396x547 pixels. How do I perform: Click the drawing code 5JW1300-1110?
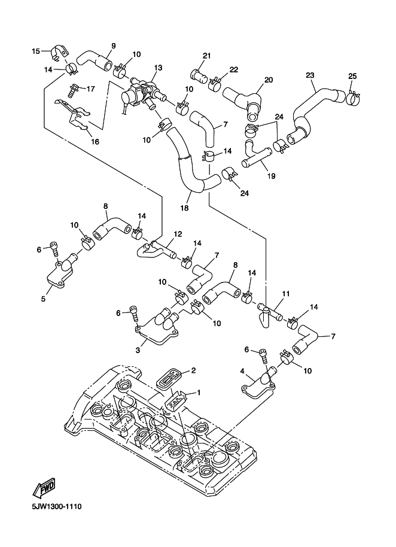(x=48, y=507)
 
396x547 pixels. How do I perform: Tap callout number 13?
(x=159, y=68)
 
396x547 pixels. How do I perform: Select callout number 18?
(x=184, y=208)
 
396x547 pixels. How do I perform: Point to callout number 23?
(x=310, y=75)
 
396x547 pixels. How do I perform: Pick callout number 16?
(x=95, y=141)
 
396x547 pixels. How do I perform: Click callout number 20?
(x=268, y=80)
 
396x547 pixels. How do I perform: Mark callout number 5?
(x=43, y=297)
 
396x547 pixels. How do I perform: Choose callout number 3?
(x=138, y=350)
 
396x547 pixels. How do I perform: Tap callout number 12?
(x=178, y=234)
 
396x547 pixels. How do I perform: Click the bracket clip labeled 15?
(x=59, y=53)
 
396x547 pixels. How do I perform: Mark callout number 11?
(x=285, y=294)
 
